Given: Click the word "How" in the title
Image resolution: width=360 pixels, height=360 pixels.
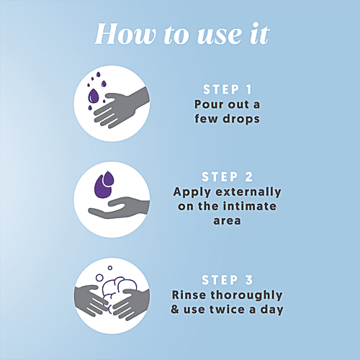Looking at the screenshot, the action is [x=125, y=34].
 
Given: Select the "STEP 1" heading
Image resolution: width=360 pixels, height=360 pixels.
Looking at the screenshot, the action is [x=227, y=89].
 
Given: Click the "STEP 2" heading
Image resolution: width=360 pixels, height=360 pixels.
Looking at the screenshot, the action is [x=227, y=176].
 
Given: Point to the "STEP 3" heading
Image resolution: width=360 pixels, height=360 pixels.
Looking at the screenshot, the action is [x=227, y=280].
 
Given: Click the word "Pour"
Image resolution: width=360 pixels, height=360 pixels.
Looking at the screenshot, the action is [x=209, y=104].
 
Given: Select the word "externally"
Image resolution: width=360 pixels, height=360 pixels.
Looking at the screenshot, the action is [x=248, y=192].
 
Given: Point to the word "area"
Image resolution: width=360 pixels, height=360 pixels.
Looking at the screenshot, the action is [x=227, y=221].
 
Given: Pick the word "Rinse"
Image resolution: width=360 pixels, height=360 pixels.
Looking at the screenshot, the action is [x=189, y=295].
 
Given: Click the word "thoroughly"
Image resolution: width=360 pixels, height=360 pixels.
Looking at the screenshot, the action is [x=246, y=295].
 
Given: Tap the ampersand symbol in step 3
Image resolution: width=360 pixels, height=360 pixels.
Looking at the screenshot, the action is [x=175, y=310].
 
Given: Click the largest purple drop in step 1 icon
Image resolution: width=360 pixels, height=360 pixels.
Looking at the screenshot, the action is [x=94, y=96].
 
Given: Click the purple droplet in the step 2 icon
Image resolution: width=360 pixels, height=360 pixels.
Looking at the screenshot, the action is [x=104, y=184].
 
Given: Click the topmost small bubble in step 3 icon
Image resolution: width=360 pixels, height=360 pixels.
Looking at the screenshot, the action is [x=110, y=268].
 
